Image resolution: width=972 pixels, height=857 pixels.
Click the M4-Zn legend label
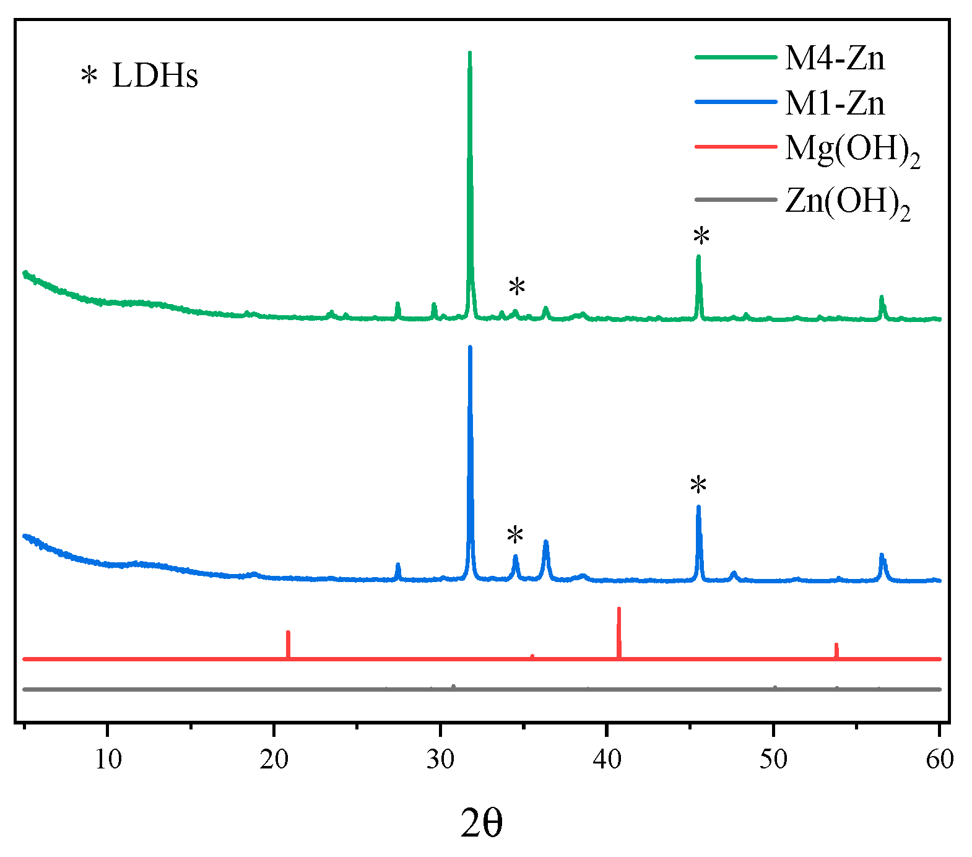coord(835,58)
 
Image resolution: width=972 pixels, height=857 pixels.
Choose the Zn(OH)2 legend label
coord(847,202)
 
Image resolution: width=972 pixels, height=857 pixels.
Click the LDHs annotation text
coord(155,76)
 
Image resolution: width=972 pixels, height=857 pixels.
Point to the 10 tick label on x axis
coord(108,759)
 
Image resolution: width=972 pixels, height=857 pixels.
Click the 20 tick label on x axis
coord(274,759)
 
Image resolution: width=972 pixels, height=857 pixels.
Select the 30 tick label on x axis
coord(440,759)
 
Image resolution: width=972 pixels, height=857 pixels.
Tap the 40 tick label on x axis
coord(607,759)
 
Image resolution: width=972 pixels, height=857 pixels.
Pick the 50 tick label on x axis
coord(773,759)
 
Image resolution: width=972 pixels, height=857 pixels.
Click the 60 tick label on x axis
coord(939,759)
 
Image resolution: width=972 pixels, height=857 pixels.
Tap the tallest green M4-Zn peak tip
coord(469,53)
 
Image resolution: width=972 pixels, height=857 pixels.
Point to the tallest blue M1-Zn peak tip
coord(470,347)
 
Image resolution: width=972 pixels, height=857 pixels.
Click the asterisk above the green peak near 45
coord(701,236)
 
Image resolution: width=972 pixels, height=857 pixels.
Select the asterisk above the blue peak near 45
coord(698,485)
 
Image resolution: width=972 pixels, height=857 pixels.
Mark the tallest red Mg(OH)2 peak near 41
coord(618,610)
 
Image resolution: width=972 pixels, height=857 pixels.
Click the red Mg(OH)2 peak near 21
coord(288,633)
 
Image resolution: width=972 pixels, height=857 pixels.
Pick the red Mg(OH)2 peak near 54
coord(836,645)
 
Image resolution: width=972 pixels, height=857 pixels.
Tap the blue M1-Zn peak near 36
coord(545,542)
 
